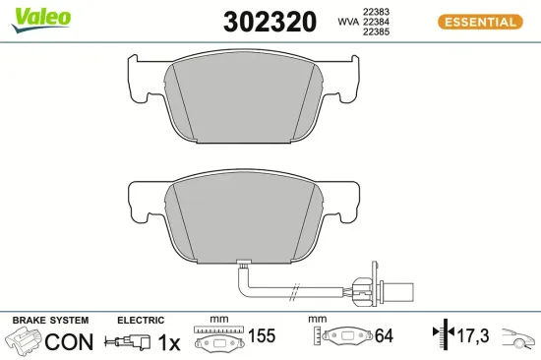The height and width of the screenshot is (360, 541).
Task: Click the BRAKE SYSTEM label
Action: tap(49, 321)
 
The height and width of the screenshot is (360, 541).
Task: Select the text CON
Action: tap(70, 341)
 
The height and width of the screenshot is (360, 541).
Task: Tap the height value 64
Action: tap(383, 336)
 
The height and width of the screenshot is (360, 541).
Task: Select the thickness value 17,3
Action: tap(473, 336)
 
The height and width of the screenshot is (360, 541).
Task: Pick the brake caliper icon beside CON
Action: tap(25, 342)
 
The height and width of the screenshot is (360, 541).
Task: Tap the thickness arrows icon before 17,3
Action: tap(441, 335)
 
